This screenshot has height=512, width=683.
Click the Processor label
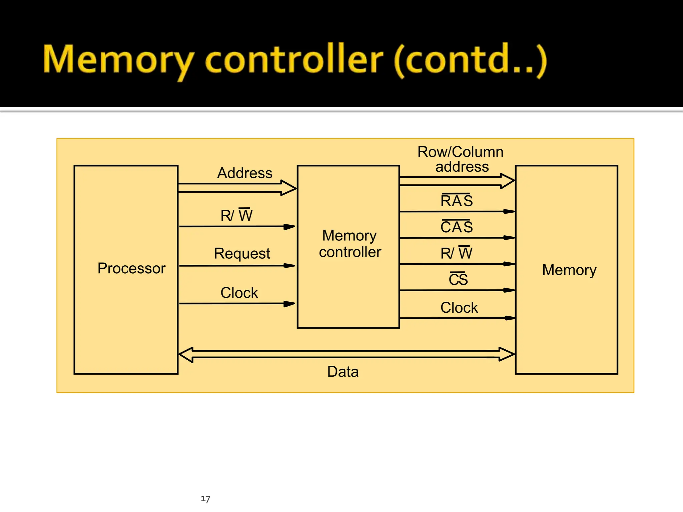point(131,268)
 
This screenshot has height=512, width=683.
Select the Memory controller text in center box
point(350,244)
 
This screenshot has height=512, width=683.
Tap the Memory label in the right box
point(569,270)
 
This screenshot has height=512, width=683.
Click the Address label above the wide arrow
point(244,173)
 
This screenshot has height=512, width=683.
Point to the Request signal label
point(242,253)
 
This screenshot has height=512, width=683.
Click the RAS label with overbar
point(456,201)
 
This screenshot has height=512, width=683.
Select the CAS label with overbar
point(456,227)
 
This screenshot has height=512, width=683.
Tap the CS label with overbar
point(458,279)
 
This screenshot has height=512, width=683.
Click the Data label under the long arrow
point(343,371)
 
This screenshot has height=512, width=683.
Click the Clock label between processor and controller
point(239,293)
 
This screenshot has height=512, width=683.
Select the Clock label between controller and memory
point(459,307)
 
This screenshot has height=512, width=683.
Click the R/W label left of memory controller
point(236,215)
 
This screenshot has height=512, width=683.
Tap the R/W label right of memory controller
point(456,253)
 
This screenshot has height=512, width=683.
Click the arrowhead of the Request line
point(289,266)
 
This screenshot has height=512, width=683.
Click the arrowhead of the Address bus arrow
point(289,188)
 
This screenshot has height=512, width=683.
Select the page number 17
point(205,499)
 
